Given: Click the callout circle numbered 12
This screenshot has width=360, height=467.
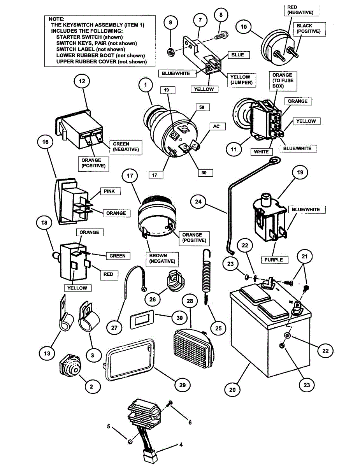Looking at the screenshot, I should click(82, 81).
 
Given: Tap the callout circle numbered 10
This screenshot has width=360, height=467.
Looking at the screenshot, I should click(244, 27).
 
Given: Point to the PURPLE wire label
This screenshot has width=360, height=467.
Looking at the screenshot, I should click(274, 260).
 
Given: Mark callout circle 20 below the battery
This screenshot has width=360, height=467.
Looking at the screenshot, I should click(233, 389).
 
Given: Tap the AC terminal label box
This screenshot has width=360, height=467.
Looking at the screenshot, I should click(217, 126).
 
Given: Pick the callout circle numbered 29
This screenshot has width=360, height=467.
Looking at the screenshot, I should click(183, 384).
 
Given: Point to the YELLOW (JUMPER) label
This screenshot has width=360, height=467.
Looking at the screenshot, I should click(240, 80).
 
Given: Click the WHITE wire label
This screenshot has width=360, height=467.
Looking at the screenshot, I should click(261, 152).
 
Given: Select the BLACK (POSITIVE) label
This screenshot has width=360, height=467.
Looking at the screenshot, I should click(308, 28).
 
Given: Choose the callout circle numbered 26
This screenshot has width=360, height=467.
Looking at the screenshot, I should click(153, 299).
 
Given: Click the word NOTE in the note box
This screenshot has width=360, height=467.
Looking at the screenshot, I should click(57, 19).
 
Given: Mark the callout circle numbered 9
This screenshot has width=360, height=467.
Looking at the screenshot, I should click(170, 23).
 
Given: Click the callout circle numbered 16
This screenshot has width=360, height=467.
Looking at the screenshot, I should click(46, 142).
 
